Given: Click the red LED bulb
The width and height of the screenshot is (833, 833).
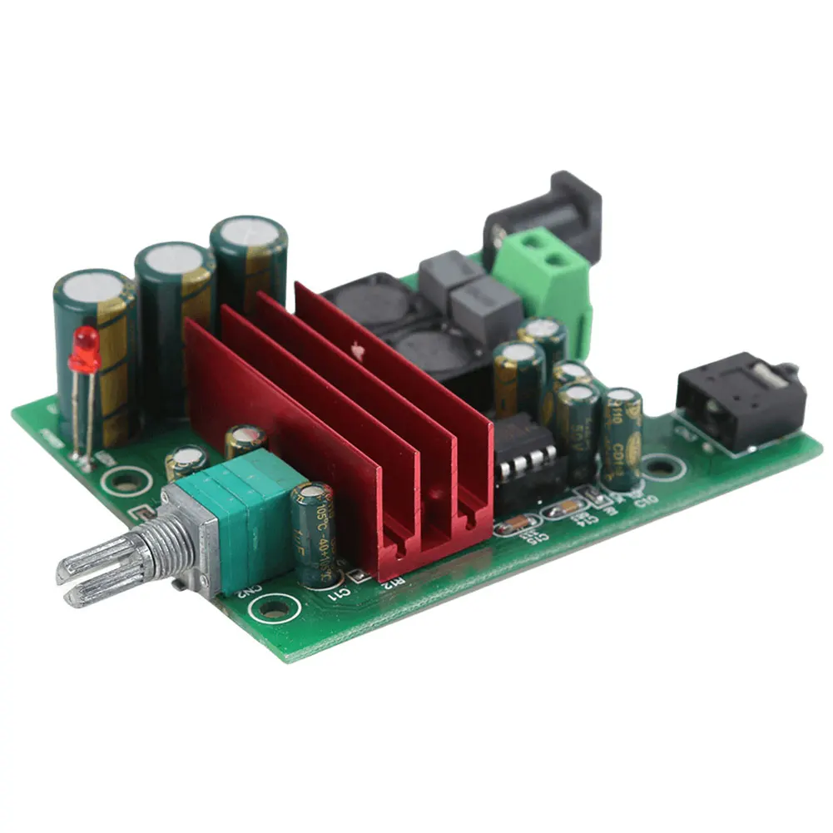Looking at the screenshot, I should (x=85, y=350).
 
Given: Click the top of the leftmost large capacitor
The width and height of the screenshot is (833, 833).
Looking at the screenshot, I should (x=93, y=287).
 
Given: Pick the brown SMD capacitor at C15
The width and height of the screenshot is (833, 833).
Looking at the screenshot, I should (x=516, y=524).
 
